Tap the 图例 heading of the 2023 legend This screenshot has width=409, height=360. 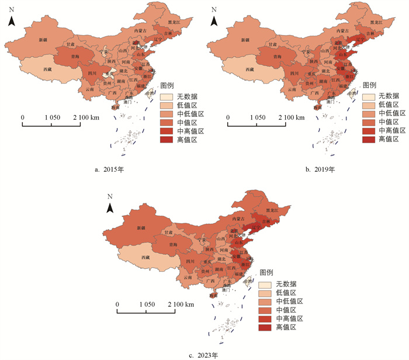267,272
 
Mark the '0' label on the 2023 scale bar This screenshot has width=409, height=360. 117,305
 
